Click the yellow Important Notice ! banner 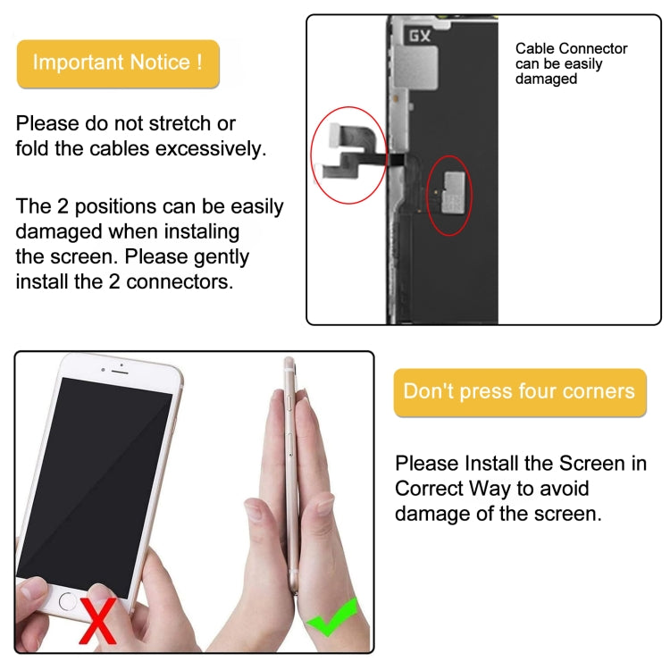[x=117, y=63]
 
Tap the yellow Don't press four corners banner [x=519, y=391]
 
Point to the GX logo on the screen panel [x=420, y=37]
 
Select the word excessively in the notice [x=211, y=148]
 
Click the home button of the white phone [x=69, y=600]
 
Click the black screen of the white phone [x=94, y=482]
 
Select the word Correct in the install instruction [x=431, y=489]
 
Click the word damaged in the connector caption [x=546, y=79]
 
